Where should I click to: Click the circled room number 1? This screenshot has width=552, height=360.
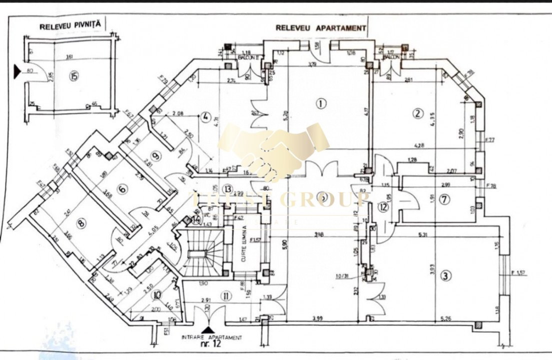tap(321, 103)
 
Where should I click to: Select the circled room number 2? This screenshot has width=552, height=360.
tap(417, 113)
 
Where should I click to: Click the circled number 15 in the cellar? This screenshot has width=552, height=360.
tap(75, 76)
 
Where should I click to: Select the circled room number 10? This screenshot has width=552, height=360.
tap(158, 294)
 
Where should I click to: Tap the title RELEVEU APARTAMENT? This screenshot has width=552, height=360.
tap(320, 28)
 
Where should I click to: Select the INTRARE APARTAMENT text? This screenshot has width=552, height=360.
tap(212, 337)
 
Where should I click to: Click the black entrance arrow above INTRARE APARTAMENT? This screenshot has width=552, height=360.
tap(211, 329)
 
